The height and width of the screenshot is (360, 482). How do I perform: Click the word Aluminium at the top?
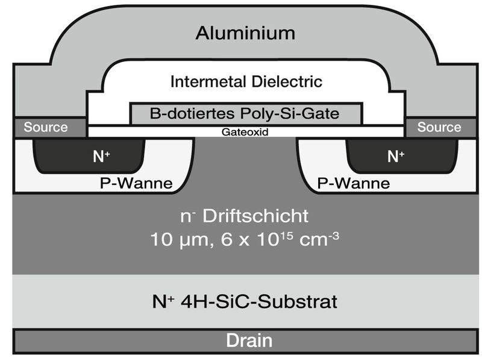point(246,33)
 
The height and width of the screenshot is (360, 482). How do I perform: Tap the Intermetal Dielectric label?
point(246,81)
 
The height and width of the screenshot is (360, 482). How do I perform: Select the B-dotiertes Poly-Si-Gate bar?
point(246,113)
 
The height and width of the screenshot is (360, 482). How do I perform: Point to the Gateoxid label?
point(246,131)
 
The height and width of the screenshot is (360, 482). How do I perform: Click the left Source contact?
point(46,128)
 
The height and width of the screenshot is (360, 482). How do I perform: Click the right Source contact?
point(439,128)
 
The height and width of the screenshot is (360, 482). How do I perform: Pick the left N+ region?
point(101,157)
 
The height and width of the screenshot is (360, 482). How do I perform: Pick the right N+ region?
point(395,157)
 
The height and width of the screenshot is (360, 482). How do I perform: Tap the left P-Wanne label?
point(135,183)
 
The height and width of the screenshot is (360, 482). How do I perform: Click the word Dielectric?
point(289,81)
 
